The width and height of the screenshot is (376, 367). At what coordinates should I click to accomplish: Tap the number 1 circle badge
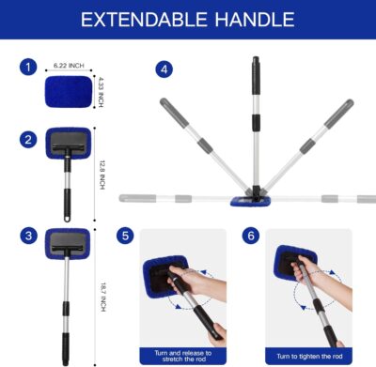[x=29, y=69]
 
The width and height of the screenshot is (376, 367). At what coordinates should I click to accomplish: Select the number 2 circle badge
[x=29, y=141]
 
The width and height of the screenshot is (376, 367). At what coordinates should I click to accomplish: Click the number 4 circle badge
[x=165, y=69]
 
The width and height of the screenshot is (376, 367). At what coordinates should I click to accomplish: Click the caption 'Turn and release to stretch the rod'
[x=181, y=353]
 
